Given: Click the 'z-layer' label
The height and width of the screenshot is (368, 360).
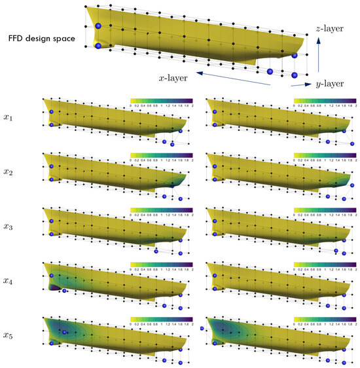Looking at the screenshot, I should tap(326, 29).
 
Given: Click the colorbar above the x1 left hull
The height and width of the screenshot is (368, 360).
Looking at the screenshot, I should tap(162, 101).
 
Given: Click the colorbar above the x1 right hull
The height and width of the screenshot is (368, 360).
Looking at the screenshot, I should tap(325, 101).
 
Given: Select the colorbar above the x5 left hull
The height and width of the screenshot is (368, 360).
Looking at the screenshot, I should tap(162, 320).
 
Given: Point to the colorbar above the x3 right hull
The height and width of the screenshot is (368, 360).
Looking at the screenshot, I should tap(325, 210).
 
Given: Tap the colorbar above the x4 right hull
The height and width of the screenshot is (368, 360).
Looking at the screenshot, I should tap(325, 265).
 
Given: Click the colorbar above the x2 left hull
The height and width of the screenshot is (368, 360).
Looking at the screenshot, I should tap(162, 156).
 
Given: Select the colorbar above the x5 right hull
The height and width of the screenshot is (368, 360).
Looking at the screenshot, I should tap(325, 320).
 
